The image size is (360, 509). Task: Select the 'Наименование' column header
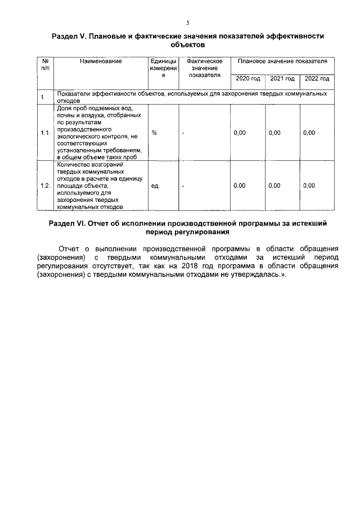tap(101, 61)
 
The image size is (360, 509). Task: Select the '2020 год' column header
tap(247, 79)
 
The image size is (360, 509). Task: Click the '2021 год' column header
tap(282, 79)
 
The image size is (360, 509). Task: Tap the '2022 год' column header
tap(317, 79)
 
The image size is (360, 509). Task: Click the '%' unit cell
tap(154, 133)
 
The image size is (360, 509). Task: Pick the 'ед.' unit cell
tap(156, 185)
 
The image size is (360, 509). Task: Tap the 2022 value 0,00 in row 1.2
tap(309, 185)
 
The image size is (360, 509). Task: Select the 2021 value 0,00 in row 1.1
tap(274, 133)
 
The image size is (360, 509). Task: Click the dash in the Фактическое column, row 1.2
tap(183, 185)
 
